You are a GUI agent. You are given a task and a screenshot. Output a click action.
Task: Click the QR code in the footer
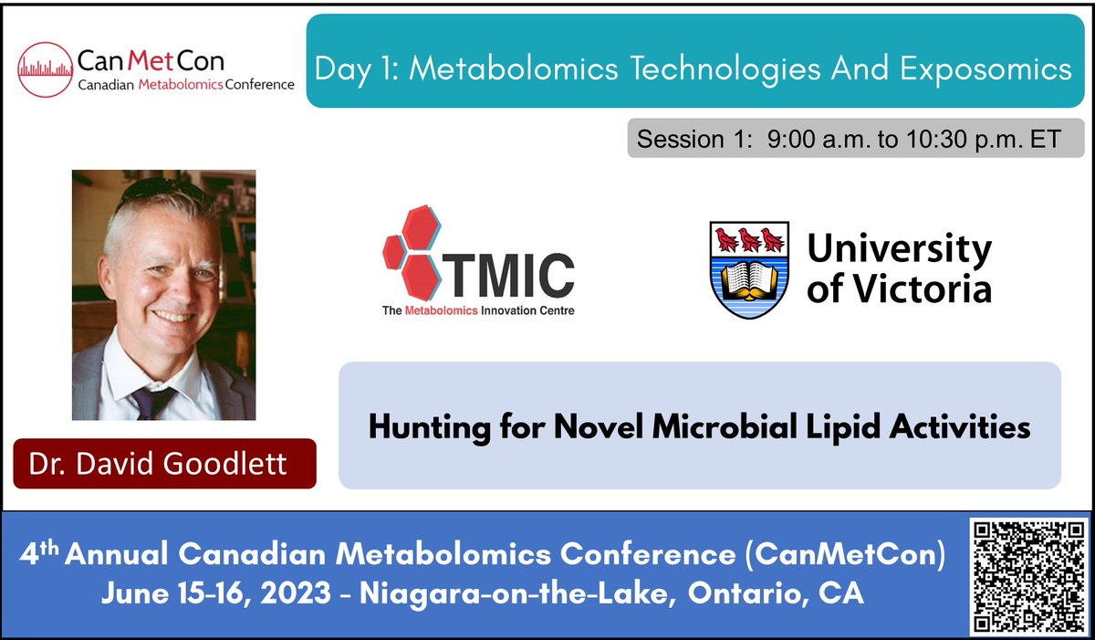pos(1028,576)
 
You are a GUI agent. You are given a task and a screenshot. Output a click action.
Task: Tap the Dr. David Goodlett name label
pos(158,463)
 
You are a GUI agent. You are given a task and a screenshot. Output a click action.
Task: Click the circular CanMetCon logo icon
pos(46,69)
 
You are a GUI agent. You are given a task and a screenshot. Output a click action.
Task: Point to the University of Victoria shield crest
pos(749,269)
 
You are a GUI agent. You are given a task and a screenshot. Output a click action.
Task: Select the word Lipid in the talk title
pos(839,426)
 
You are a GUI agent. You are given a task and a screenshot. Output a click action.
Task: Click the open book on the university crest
pos(749,274)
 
